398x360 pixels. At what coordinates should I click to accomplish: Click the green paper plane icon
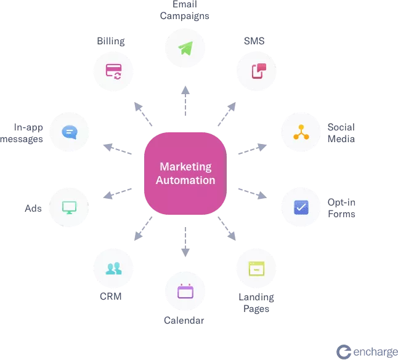(x=186, y=48)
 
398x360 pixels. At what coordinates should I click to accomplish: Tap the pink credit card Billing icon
(x=114, y=72)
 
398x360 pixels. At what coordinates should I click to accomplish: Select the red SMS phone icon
(x=259, y=71)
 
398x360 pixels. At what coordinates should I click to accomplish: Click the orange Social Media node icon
(x=301, y=132)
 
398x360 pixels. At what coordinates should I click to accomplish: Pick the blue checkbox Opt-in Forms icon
(x=301, y=207)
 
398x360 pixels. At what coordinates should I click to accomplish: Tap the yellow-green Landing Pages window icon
(x=257, y=268)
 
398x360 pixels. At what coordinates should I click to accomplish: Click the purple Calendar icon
(x=185, y=291)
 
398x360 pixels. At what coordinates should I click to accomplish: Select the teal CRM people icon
(x=114, y=268)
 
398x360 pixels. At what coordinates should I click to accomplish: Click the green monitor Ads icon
(x=69, y=207)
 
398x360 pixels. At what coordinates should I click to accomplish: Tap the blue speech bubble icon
(x=69, y=132)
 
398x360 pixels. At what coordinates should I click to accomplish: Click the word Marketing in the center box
(x=185, y=167)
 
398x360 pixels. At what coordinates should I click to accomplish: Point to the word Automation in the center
(x=185, y=180)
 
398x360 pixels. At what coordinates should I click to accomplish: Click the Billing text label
(x=111, y=41)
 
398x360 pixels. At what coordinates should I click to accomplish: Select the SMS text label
(x=254, y=41)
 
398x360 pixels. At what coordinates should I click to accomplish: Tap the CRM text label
(x=111, y=296)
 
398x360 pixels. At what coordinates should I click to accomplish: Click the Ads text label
(x=33, y=209)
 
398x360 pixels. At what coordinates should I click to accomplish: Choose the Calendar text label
(x=184, y=321)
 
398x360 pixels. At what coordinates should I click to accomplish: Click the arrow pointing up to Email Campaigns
(x=185, y=101)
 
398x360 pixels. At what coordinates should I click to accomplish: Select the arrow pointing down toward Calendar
(x=185, y=242)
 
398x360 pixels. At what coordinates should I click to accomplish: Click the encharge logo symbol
(x=344, y=352)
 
